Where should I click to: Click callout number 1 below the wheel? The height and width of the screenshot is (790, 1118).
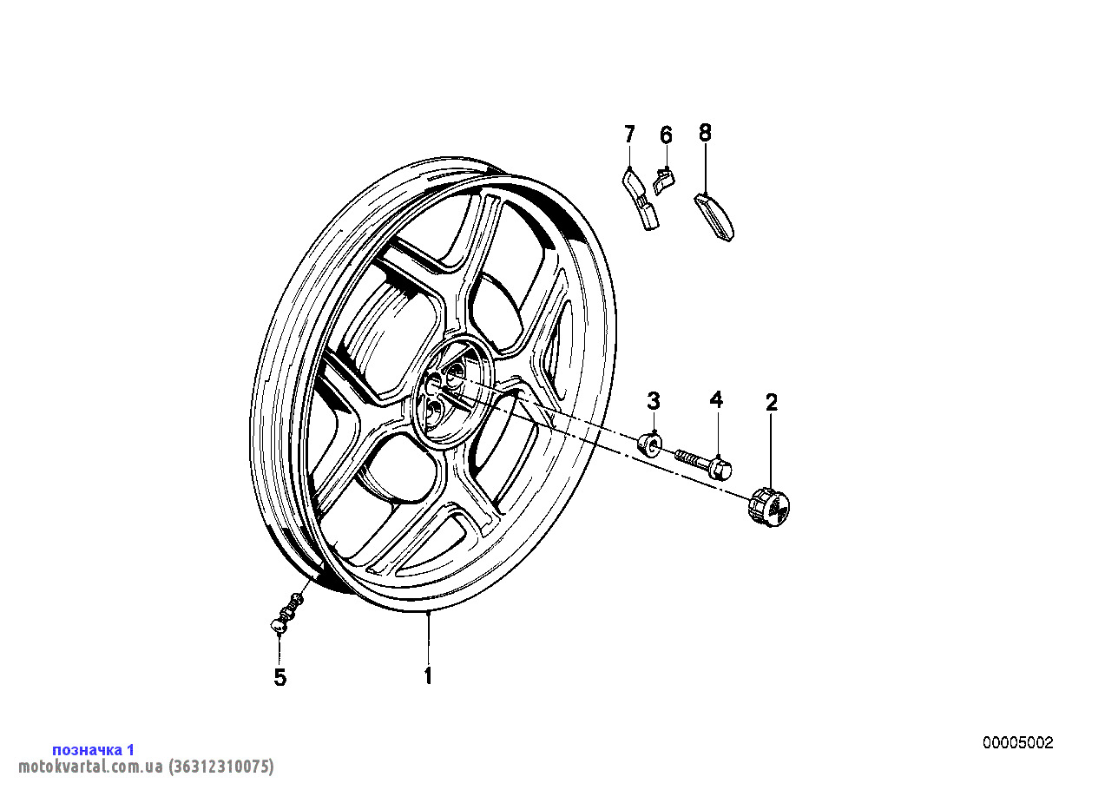(428, 675)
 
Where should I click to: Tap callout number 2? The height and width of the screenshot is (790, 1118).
(772, 403)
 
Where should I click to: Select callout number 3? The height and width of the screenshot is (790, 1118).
(654, 401)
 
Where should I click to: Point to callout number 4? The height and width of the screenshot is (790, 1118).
(716, 399)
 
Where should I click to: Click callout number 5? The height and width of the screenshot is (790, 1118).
(280, 677)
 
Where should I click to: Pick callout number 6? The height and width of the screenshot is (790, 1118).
(667, 135)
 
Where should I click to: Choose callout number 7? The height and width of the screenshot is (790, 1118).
(629, 134)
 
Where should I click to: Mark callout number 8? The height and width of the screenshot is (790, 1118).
(705, 133)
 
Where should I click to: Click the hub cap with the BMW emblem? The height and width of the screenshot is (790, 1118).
(769, 508)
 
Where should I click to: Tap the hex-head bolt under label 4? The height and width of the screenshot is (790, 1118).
(704, 463)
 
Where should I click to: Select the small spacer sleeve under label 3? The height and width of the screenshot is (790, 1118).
(650, 443)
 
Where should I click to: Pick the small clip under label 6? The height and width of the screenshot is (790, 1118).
(663, 182)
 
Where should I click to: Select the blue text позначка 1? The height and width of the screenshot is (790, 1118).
(94, 750)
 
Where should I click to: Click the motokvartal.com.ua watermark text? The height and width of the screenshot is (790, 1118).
(91, 767)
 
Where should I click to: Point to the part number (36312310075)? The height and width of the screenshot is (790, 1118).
(220, 767)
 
